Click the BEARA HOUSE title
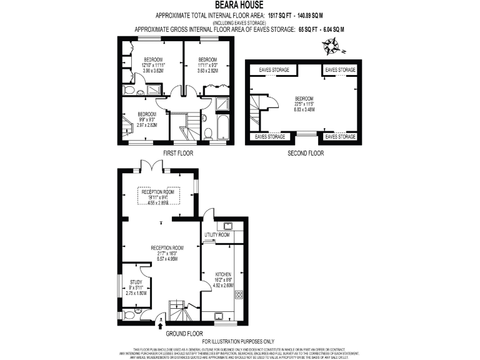pos(240,4)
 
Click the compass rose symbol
pos(331,45)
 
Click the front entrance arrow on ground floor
pos(162,324)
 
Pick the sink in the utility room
pos(221,227)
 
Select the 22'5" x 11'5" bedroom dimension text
pos(304,104)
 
